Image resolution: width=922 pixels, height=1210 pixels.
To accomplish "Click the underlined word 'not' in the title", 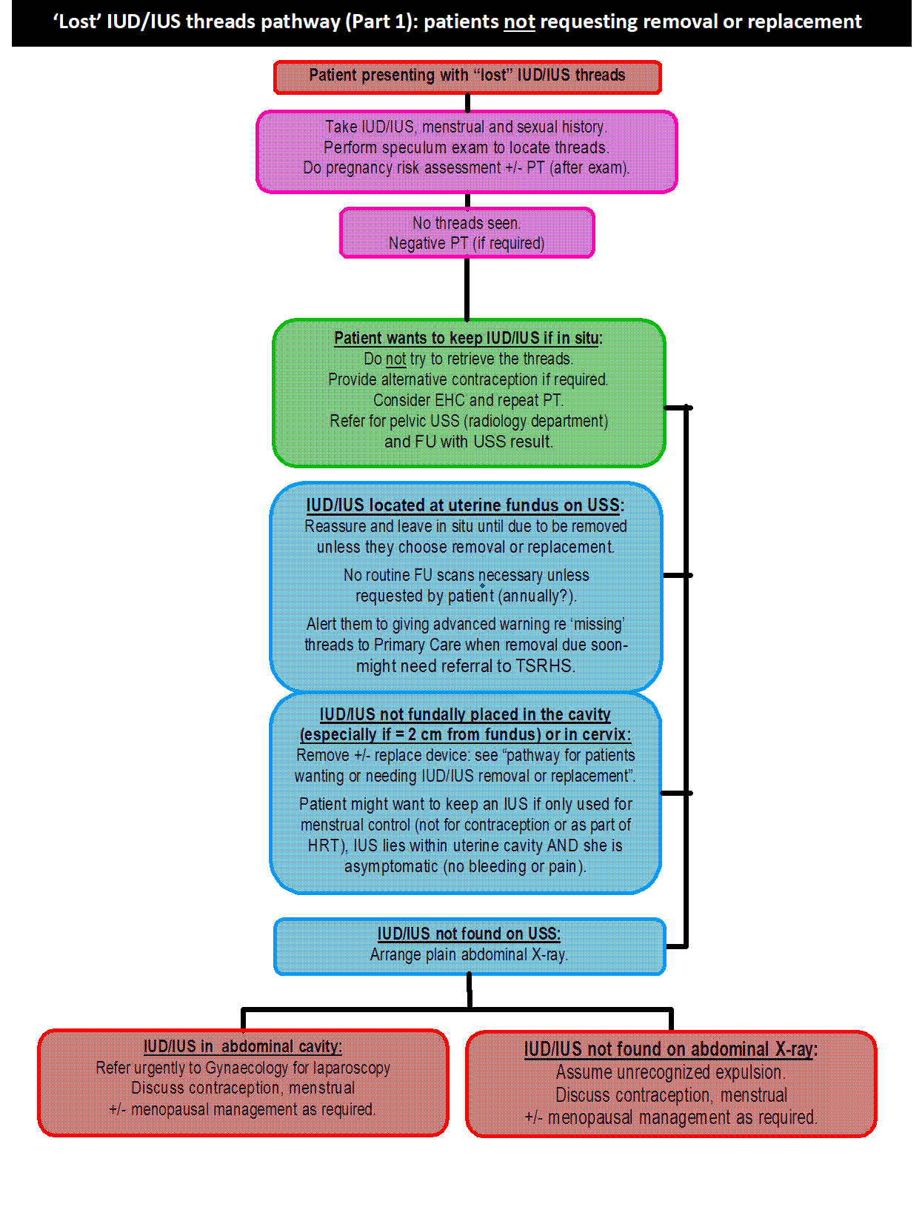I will [x=519, y=22].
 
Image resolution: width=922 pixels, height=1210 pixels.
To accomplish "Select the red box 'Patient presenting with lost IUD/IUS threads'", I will [x=467, y=76].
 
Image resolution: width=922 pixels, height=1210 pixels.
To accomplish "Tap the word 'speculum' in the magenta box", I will [x=420, y=147].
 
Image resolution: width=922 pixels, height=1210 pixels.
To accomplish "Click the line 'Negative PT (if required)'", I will [x=467, y=244].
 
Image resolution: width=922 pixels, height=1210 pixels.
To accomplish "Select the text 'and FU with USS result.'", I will [x=468, y=442].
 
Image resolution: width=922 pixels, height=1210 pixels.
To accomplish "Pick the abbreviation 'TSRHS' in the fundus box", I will [x=544, y=666].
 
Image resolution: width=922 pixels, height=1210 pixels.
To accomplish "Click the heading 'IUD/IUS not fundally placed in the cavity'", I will [x=465, y=714].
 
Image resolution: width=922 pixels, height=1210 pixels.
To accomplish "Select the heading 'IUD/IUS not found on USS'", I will [x=469, y=934].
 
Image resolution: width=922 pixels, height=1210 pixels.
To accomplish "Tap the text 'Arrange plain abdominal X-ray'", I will [x=469, y=954].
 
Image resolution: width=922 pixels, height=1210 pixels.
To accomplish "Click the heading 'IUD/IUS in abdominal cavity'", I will [x=243, y=1046].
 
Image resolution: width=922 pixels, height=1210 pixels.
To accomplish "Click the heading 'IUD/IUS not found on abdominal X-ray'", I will [x=670, y=1049].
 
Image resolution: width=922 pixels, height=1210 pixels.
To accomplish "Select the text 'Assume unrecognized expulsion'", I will [x=669, y=1072].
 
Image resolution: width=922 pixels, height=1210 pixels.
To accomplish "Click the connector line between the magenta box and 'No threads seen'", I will [x=467, y=200].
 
